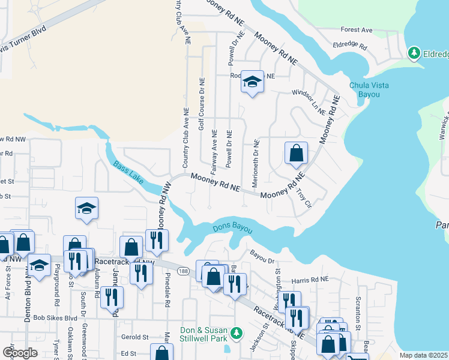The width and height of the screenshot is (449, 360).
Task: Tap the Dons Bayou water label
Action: point(233,229)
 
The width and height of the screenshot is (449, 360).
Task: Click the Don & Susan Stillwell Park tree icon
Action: point(237,332)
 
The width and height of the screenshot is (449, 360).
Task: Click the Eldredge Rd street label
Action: point(350,45)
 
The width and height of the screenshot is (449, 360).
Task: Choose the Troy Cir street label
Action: point(304,196)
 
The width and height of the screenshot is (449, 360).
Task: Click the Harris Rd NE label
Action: point(311,280)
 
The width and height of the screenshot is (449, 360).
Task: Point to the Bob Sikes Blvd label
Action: point(55,318)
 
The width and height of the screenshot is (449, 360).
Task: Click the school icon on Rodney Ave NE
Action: point(253,82)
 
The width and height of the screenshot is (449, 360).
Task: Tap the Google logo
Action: point(19,352)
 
